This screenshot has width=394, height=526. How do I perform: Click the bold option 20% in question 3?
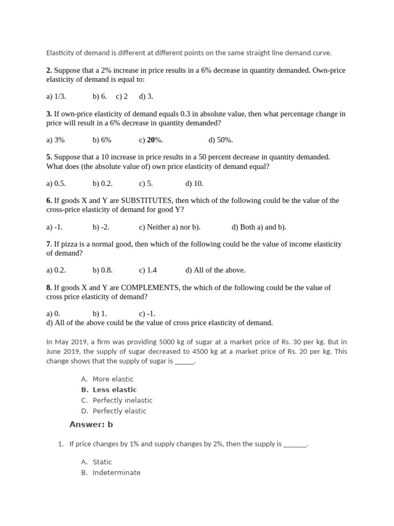click(152, 140)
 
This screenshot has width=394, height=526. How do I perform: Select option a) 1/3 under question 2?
click(56, 96)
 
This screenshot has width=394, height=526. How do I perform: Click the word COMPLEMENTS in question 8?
click(150, 288)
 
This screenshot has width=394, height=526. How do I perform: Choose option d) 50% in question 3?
click(221, 140)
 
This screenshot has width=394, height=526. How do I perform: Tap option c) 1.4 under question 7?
click(148, 270)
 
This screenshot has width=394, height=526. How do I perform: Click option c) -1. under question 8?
click(147, 313)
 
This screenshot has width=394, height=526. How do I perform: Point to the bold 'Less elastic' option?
click(114, 389)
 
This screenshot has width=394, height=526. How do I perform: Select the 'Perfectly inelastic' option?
click(122, 400)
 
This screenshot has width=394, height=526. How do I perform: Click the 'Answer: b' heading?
click(91, 424)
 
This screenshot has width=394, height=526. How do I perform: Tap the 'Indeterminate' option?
click(116, 473)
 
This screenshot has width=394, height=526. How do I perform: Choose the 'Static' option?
click(102, 462)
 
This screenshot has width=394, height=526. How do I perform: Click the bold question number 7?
click(48, 245)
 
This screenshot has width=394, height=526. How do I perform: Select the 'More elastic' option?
click(113, 379)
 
